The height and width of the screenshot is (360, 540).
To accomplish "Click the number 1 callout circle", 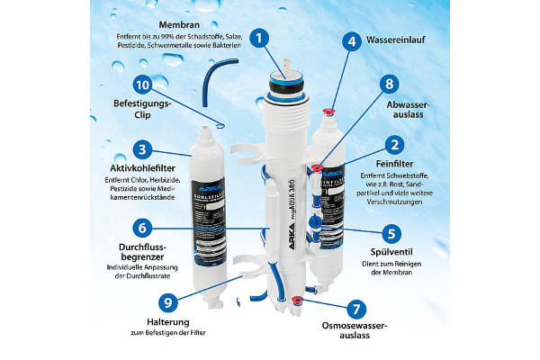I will (260, 39).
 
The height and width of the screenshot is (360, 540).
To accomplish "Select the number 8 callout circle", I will (389, 85).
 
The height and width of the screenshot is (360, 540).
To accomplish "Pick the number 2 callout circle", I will (392, 144).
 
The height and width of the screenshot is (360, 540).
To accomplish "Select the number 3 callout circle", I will (140, 149).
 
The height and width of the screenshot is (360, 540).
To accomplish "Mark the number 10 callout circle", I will (140, 85).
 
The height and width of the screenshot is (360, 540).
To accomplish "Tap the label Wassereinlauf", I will (412, 40).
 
